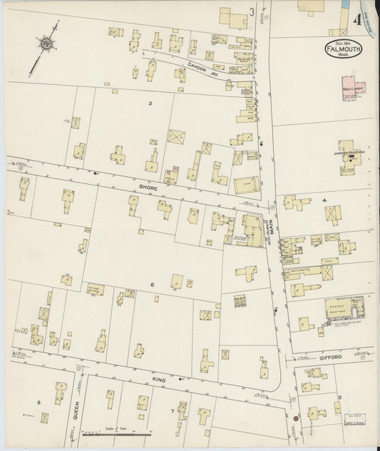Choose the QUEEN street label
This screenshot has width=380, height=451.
pos(75,409)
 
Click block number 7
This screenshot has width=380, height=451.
pos(172,412)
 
